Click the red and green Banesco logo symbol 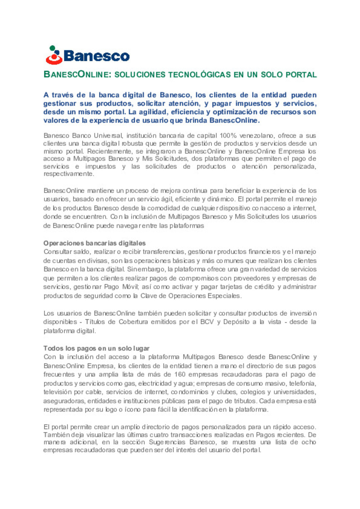pyautogui.click(x=54, y=55)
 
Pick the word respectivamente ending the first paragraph pyautogui.click(x=68, y=174)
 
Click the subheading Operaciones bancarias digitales pyautogui.click(x=94, y=243)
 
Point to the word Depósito pyautogui.click(x=236, y=322)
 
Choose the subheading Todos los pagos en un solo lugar pyautogui.click(x=96, y=348)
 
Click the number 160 pyautogui.click(x=180, y=374)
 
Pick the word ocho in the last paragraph pyautogui.click(x=308, y=442)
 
